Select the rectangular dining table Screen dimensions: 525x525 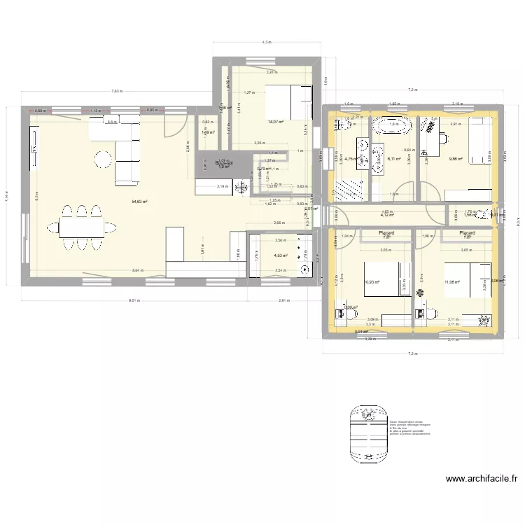81,226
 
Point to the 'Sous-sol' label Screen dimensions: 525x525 224,162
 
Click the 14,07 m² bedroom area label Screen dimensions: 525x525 274,122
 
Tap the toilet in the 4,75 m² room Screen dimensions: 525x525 343,126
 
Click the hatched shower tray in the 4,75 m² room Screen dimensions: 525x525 348,190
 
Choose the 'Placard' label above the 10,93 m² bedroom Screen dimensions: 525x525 386,233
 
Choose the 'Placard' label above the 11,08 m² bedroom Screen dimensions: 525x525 467,233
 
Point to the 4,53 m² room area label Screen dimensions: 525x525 281,255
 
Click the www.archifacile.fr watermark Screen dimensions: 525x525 481,479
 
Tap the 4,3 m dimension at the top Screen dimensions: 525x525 267,43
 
